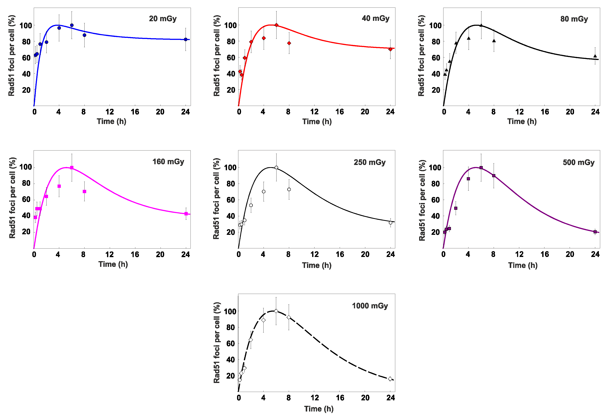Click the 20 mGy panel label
[x=163, y=19]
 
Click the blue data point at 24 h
[x=186, y=39]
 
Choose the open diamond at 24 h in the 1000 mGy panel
[x=390, y=379]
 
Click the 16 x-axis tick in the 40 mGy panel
[x=339, y=112]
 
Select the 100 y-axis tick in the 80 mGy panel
[x=435, y=25]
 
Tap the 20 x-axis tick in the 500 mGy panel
[x=570, y=254]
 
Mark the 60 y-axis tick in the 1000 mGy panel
[x=230, y=343]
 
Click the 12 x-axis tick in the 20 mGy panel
[x=109, y=112]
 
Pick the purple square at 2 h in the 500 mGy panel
[x=456, y=208]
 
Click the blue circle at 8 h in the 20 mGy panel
[x=84, y=35]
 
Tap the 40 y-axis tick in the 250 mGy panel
[x=230, y=216]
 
